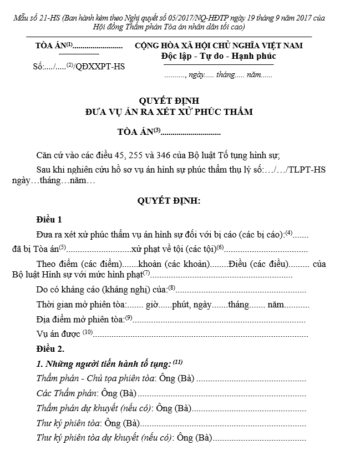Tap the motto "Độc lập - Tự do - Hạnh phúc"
pyautogui.click(x=219, y=56)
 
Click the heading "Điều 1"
pyautogui.click(x=49, y=220)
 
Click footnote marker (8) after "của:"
pyautogui.click(x=171, y=288)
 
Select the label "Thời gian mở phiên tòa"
pyautogui.click(x=81, y=305)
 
